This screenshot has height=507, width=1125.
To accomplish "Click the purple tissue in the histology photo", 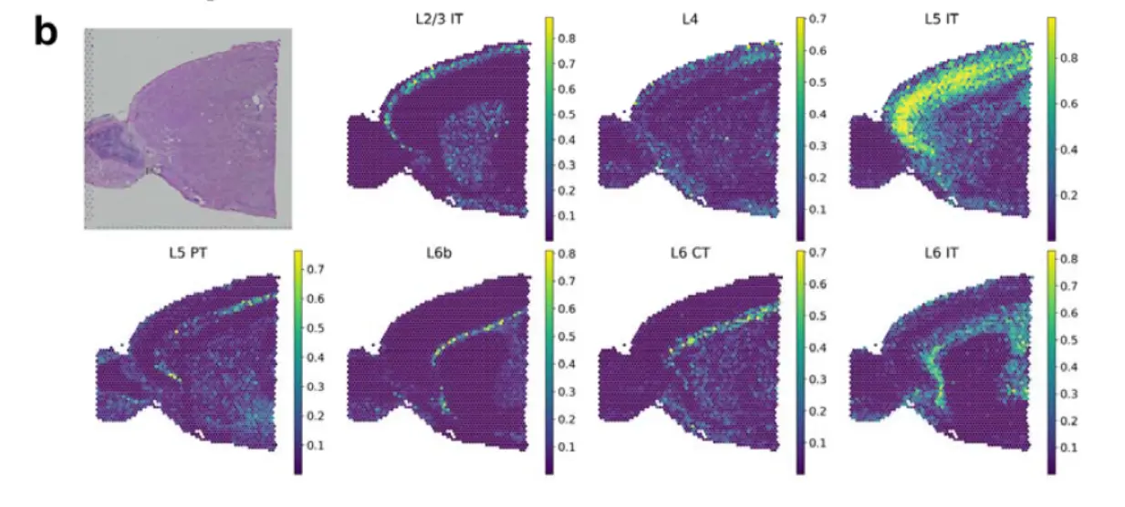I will (210, 128).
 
